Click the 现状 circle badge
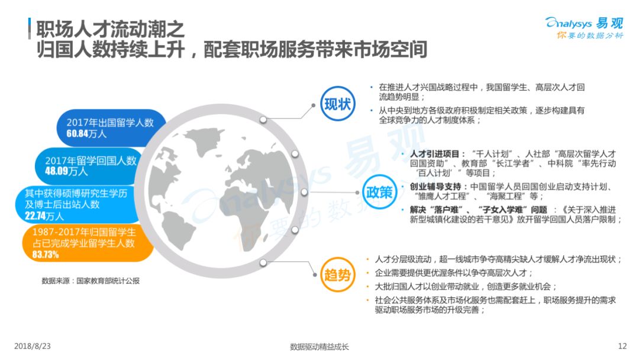[x=337, y=104]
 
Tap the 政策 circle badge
[x=379, y=192]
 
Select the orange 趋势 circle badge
[x=337, y=275]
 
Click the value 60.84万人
[x=86, y=134]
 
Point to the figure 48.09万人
[x=66, y=171]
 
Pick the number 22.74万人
[x=44, y=216]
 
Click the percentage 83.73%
[x=46, y=255]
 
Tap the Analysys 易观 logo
[x=585, y=28]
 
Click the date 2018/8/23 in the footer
[x=33, y=346]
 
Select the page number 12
[x=622, y=346]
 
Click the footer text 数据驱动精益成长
[x=319, y=347]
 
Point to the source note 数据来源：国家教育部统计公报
[x=91, y=281]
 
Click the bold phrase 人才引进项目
[x=434, y=154]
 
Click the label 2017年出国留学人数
[x=110, y=123]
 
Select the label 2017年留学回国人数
[x=91, y=160]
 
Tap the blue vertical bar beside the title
[x=30, y=28]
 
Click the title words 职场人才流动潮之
[x=111, y=30]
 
